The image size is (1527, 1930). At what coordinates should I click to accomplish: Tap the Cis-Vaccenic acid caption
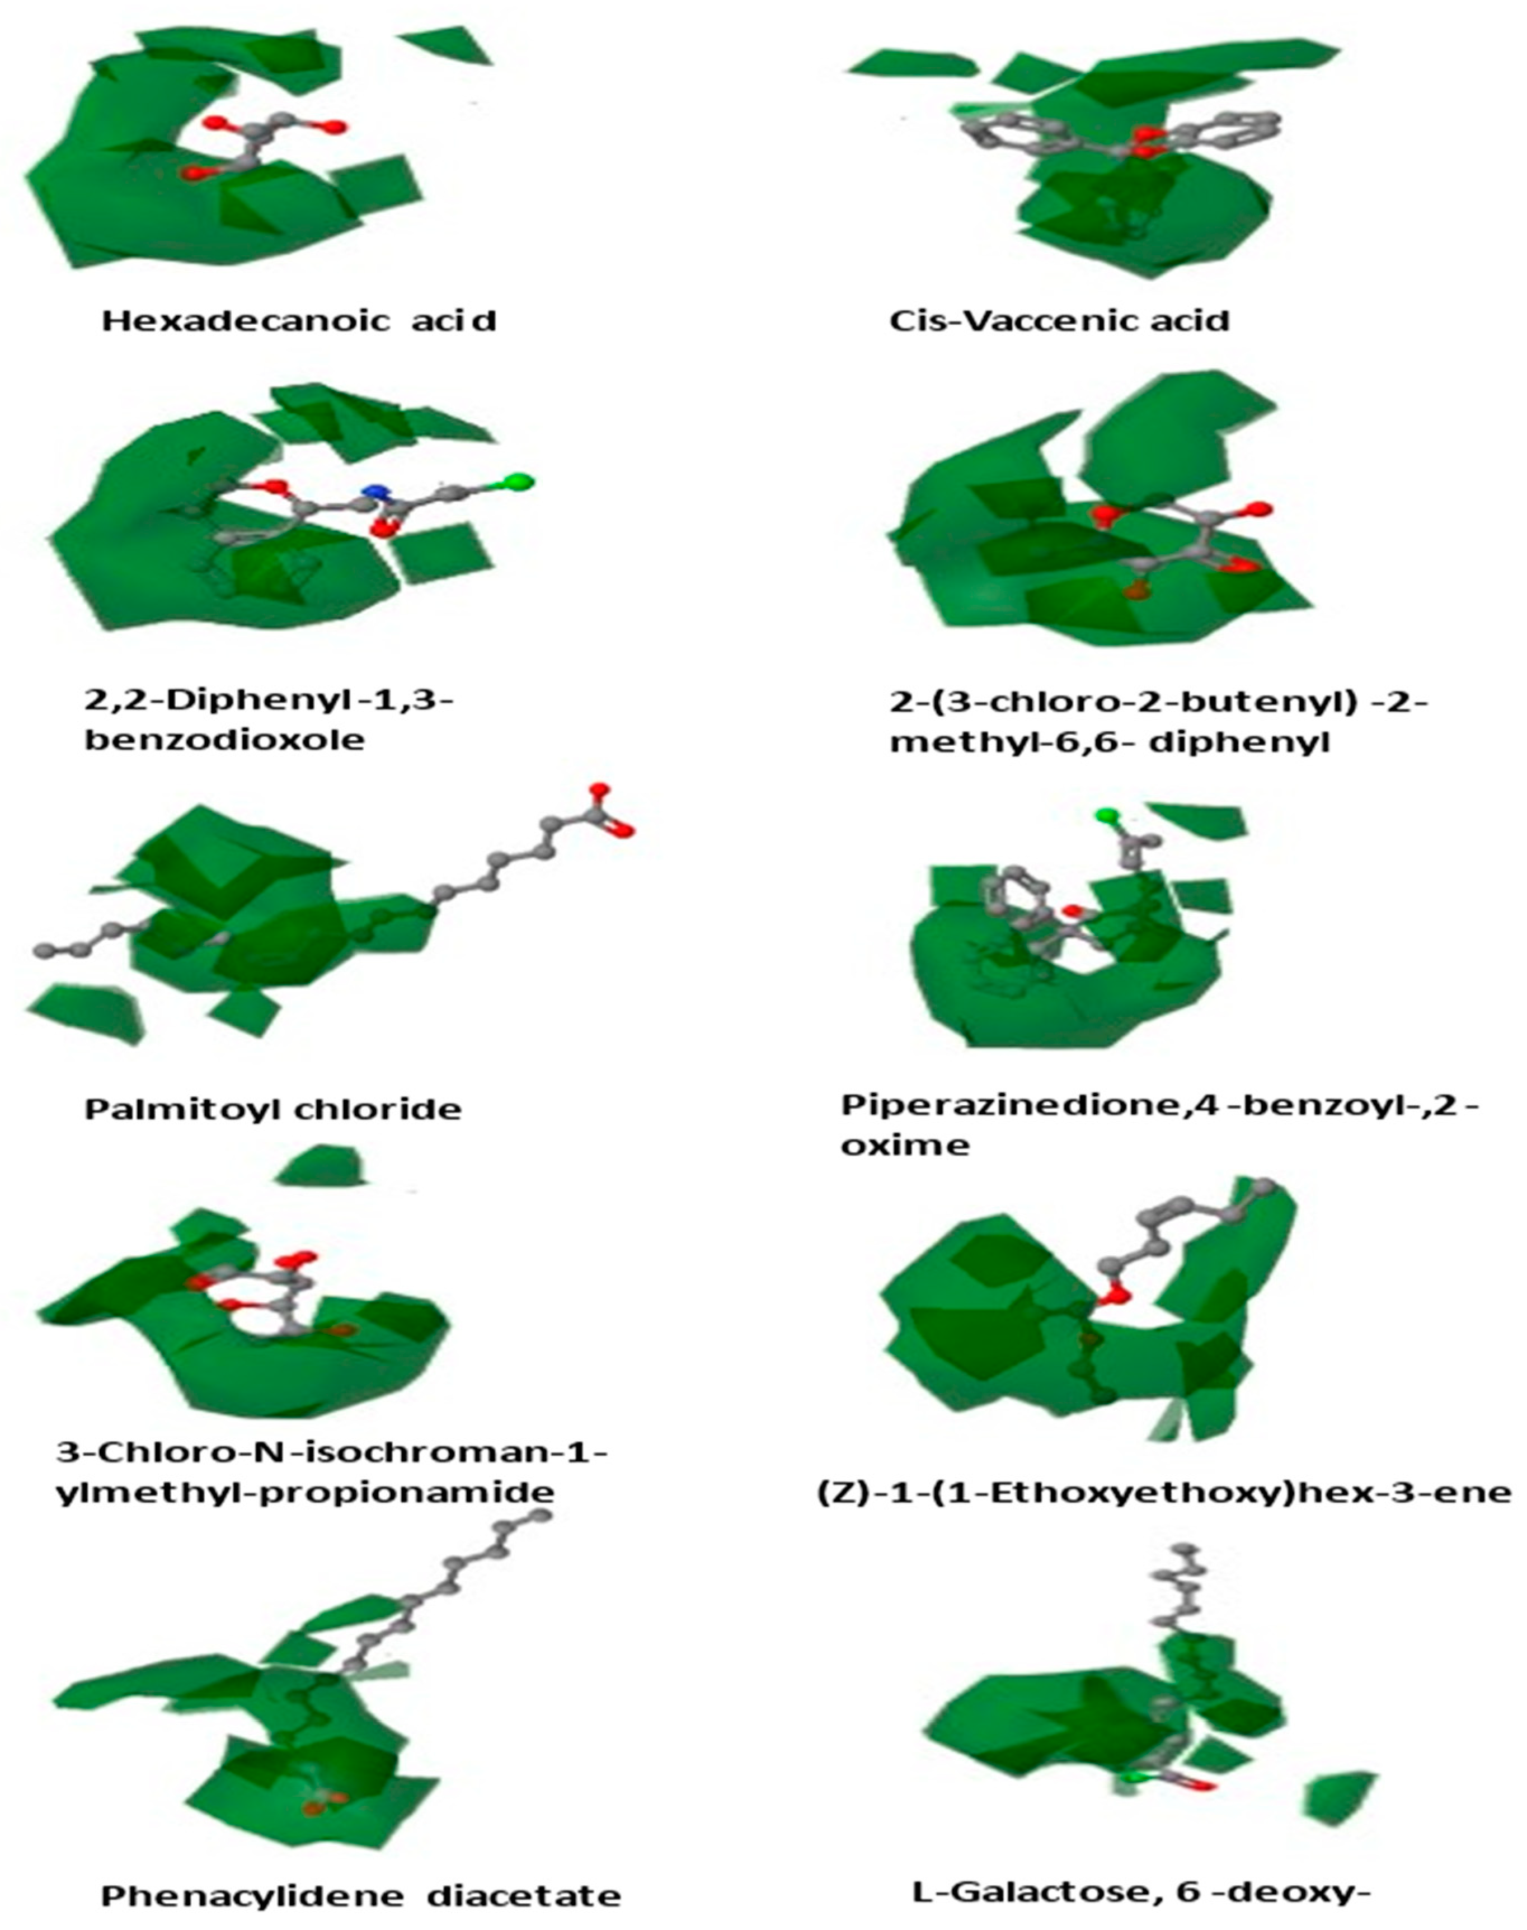[1059, 320]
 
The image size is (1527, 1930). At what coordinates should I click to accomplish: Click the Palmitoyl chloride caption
[272, 1109]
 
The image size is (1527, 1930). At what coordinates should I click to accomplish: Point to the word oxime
[905, 1146]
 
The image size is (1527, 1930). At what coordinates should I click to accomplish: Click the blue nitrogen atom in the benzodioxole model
[377, 492]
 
